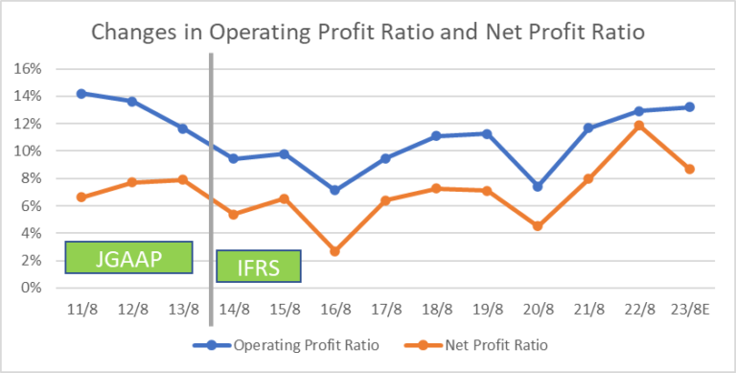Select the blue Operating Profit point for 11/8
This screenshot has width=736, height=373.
[81, 94]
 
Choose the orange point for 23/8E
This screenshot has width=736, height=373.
[689, 169]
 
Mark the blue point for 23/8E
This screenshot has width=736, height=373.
[689, 107]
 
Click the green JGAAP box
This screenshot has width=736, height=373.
[128, 257]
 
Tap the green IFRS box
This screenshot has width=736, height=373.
[259, 267]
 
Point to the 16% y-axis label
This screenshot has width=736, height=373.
[28, 69]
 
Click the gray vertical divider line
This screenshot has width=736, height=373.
[210, 192]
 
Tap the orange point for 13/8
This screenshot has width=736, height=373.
[183, 179]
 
